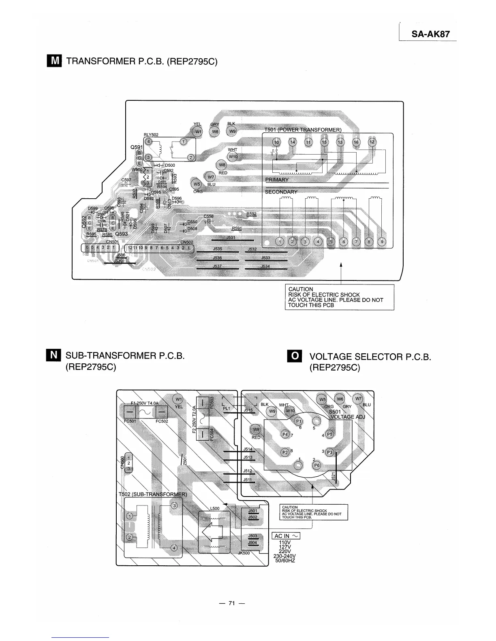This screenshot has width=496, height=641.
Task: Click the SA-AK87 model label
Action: click(x=430, y=34)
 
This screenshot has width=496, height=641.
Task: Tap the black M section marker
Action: click(x=54, y=61)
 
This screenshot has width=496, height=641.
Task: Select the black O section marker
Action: click(x=295, y=356)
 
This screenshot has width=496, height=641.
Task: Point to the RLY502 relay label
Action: click(x=151, y=135)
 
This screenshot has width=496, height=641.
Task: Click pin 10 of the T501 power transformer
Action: click(x=276, y=142)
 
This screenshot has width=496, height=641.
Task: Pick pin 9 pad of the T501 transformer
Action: click(x=382, y=242)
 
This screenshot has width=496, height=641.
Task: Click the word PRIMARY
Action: click(x=277, y=180)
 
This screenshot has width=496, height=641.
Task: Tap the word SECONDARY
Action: click(x=281, y=192)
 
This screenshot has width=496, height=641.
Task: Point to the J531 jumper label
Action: click(x=231, y=238)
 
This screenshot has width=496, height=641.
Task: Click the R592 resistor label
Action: click(x=251, y=214)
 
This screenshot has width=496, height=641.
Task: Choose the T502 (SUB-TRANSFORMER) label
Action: click(x=152, y=495)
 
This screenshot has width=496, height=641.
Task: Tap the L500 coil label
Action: click(x=215, y=509)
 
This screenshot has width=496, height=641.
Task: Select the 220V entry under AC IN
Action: click(x=285, y=551)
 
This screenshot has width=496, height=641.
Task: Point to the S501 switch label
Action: click(x=335, y=412)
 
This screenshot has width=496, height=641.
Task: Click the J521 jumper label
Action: click(x=333, y=477)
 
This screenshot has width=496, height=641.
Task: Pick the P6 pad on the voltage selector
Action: click(x=317, y=465)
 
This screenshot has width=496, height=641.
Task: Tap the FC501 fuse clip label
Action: click(x=129, y=421)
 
